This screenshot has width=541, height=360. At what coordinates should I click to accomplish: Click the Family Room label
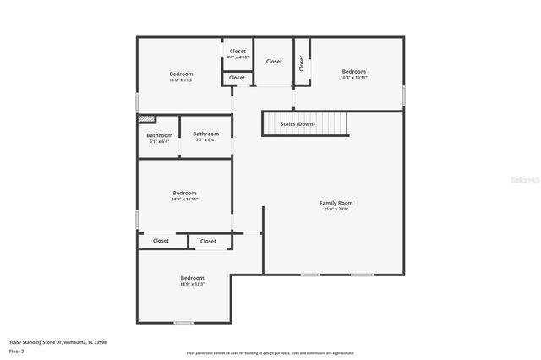click(x=336, y=203)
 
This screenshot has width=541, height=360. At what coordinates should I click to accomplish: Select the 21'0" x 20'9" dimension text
click(x=336, y=209)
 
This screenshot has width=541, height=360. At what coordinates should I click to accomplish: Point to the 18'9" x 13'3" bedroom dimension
click(x=192, y=284)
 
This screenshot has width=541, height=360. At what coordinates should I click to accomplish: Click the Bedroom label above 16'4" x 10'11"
click(x=353, y=71)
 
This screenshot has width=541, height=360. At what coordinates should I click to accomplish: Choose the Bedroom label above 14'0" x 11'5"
click(x=181, y=74)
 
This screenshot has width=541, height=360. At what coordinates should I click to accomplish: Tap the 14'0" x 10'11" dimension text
click(x=184, y=199)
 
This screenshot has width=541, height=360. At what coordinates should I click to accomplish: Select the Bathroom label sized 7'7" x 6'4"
click(x=205, y=134)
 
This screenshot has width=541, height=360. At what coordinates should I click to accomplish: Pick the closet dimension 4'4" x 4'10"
click(x=238, y=57)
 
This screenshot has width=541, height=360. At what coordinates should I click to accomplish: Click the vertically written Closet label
click(x=301, y=63)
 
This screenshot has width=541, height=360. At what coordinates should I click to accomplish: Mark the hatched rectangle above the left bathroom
click(x=147, y=120)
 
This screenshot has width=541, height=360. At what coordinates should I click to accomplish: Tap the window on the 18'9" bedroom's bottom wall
click(x=183, y=323)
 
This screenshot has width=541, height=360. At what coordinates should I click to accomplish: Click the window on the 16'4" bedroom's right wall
click(x=403, y=95)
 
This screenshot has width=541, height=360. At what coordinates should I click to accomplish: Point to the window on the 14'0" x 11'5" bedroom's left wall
click(x=138, y=101)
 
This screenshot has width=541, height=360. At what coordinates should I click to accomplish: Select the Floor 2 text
click(x=17, y=351)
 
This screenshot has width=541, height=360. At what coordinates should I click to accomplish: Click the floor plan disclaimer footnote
click(x=270, y=353)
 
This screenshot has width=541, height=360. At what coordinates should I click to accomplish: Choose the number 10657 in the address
click(x=15, y=342)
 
